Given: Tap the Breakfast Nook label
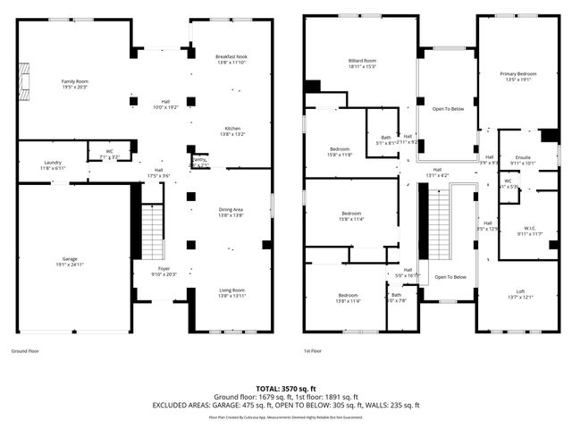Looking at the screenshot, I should (231, 57).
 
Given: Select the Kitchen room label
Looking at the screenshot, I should (231, 129).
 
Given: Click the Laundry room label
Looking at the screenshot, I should (52, 163).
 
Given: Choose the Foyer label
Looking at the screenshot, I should (164, 268).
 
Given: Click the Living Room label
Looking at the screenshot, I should (231, 290).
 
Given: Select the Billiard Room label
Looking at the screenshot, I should (360, 60).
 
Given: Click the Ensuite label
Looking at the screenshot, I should (522, 157).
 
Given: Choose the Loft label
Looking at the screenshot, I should (519, 291).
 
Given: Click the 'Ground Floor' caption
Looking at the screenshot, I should (26, 351).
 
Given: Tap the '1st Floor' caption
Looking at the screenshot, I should (312, 351).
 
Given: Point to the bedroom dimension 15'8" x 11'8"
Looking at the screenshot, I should (339, 156).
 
